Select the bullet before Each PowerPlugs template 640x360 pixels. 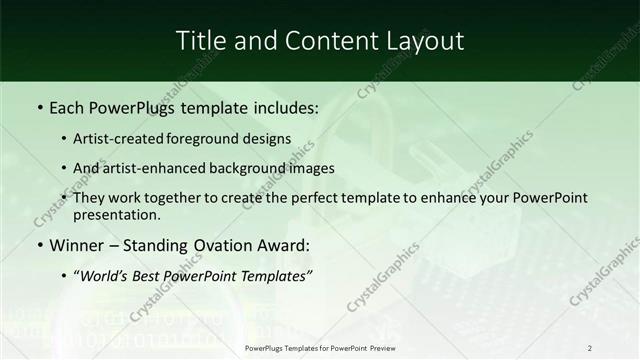point(39,107)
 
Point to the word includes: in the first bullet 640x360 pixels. point(283,107)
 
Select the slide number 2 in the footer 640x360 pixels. point(590,348)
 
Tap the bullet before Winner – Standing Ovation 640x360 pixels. point(39,245)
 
